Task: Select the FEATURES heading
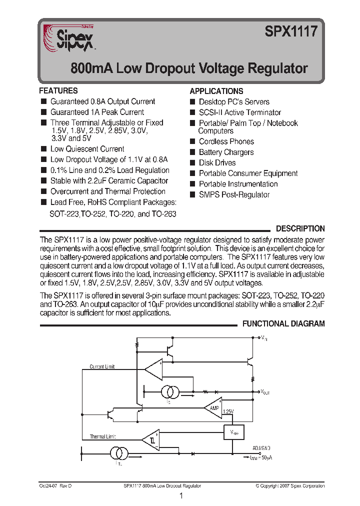[58, 90]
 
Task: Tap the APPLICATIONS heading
[216, 91]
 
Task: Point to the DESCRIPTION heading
[300, 228]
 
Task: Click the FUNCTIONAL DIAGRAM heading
[283, 323]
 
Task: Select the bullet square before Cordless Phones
[192, 142]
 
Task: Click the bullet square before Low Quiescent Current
[43, 149]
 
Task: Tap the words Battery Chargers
[226, 152]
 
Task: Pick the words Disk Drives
[217, 162]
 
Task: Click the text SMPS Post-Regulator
[234, 194]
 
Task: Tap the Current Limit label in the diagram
[102, 366]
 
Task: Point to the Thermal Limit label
[102, 436]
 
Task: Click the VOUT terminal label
[265, 392]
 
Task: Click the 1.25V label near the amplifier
[227, 411]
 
